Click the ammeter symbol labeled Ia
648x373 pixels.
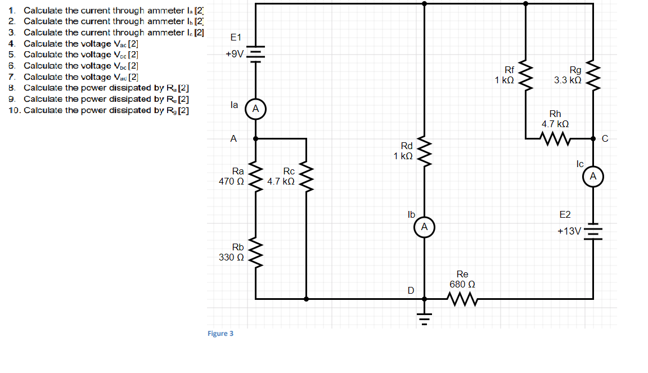(x=255, y=109)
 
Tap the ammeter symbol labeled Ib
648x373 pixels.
(x=424, y=227)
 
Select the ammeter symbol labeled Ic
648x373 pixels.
(x=593, y=177)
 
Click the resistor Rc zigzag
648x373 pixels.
(x=306, y=178)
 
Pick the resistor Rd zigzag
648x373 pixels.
(x=424, y=151)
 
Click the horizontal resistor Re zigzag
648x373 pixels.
(x=463, y=300)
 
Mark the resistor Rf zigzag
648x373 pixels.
(x=525, y=75)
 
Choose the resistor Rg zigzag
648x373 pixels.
(x=593, y=75)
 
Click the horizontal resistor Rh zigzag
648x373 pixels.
(x=555, y=138)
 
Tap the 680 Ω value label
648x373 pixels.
(x=462, y=285)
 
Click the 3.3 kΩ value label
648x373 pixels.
(x=568, y=80)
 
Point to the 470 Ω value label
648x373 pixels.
(x=231, y=182)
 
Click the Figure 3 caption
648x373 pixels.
(x=220, y=334)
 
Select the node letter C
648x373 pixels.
(x=605, y=139)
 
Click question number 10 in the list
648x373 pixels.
(x=15, y=110)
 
